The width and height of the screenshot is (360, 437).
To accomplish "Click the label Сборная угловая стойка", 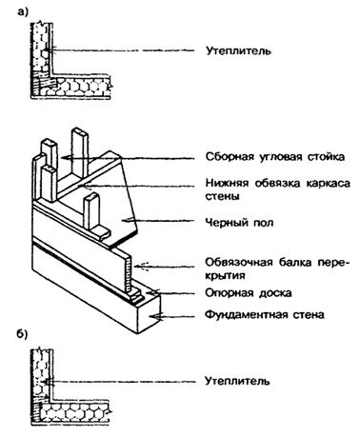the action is click(275, 157).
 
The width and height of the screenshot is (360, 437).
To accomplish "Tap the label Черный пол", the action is click(239, 223).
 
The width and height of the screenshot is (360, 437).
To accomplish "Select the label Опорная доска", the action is click(249, 293).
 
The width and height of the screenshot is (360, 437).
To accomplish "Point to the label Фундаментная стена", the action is click(265, 315).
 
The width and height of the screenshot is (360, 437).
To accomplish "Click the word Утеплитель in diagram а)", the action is click(238, 50).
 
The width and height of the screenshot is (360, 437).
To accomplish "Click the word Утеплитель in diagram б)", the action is click(237, 381).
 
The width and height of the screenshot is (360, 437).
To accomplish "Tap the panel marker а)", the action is click(23, 12).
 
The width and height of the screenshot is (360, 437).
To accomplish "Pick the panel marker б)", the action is click(22, 334).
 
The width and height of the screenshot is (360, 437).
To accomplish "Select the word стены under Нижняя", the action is click(222, 196).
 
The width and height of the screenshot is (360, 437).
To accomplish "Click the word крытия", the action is click(225, 275).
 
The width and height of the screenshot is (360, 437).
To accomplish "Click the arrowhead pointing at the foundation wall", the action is click(153, 316).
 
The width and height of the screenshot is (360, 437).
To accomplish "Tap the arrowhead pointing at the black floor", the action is click(127, 220).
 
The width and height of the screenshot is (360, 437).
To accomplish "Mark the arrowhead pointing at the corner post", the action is click(65, 157).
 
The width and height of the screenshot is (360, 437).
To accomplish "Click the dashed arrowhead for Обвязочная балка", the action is click(140, 267).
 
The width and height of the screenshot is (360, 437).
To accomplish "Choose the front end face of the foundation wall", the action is click(149, 313).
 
